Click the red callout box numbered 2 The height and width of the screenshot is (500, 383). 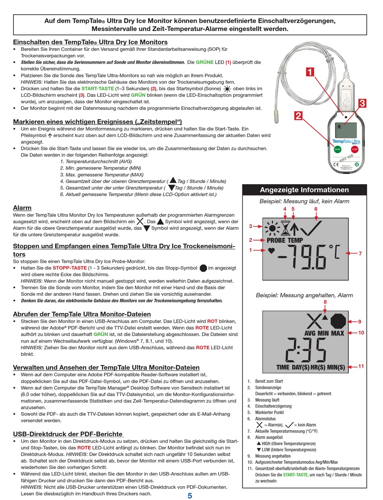coord(298,116)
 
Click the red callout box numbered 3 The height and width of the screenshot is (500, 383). coord(362,103)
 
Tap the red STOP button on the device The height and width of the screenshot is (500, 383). coord(355,149)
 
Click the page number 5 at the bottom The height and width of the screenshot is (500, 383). coord(190,496)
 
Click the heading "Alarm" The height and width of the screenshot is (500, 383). coord(22,208)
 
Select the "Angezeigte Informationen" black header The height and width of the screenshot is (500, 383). coord(304,190)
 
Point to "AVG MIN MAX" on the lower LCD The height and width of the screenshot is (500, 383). coord(324,333)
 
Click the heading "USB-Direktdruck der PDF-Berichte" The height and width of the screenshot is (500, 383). coord(68,434)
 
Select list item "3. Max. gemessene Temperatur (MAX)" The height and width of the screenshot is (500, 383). coord(102,174)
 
